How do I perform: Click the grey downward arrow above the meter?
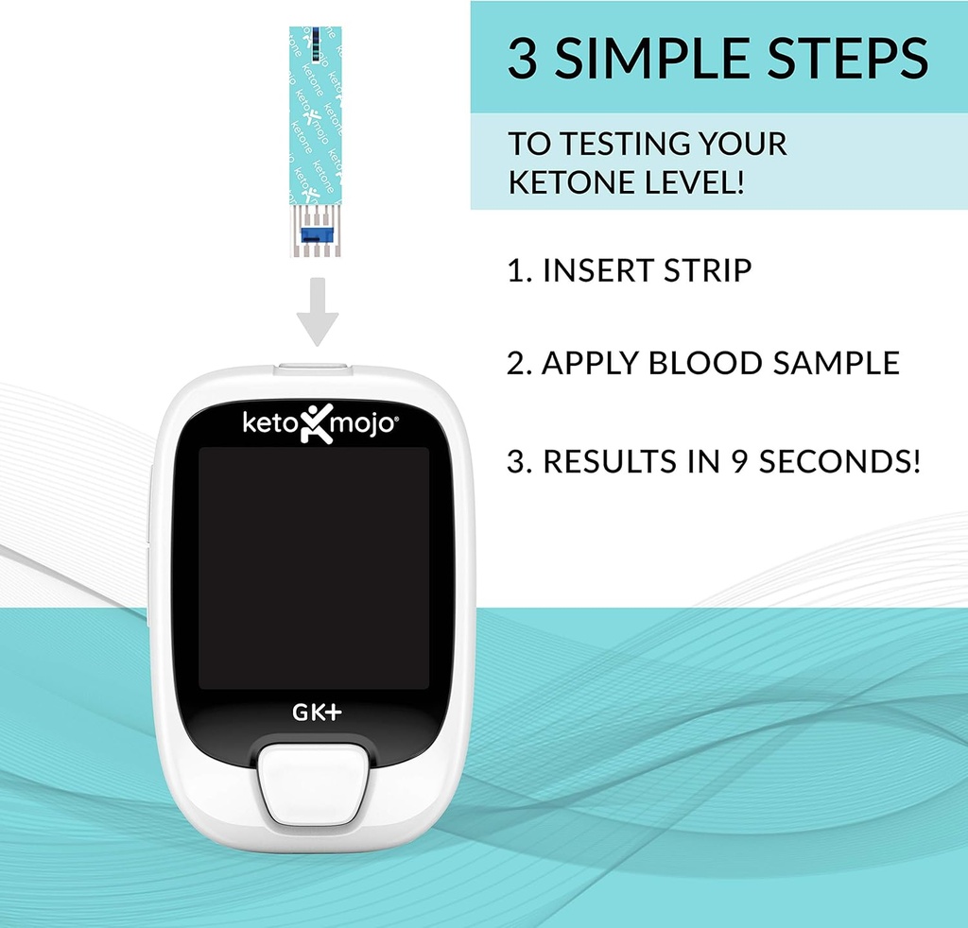pyautogui.click(x=317, y=313)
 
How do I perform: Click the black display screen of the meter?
pyautogui.click(x=313, y=567)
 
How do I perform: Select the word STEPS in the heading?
pyautogui.click(x=855, y=59)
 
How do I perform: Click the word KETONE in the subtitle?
pyautogui.click(x=565, y=181)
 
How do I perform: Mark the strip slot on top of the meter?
pyautogui.click(x=312, y=363)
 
